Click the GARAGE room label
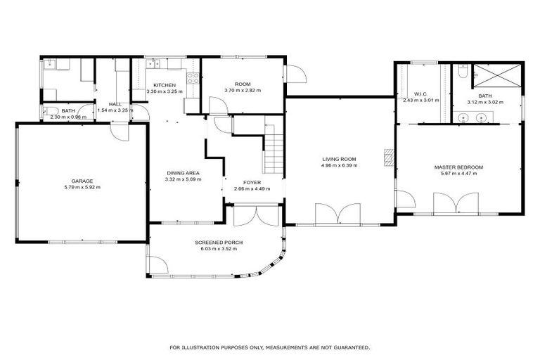coord(81,181)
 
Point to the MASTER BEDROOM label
coord(458,167)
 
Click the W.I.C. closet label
coord(421,94)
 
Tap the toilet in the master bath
coord(461,71)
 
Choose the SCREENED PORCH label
coord(219,242)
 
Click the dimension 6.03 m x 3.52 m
coord(219,249)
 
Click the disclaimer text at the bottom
coord(269,347)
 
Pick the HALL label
coord(105,104)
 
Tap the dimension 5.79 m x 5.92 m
coord(81,187)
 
